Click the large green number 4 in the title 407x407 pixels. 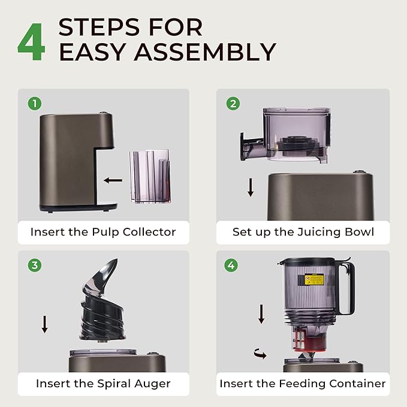point(31,41)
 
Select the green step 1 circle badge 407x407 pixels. point(35,104)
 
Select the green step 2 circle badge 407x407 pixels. point(233,104)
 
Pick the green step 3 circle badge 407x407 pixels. point(35,266)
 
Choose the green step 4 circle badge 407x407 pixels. point(231,266)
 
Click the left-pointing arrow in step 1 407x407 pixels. point(113,180)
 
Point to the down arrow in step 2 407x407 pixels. point(251,187)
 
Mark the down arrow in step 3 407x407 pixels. point(44,324)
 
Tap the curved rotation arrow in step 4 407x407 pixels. point(260,354)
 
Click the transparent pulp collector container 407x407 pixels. point(150,176)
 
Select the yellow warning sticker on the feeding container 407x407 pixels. point(314,279)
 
